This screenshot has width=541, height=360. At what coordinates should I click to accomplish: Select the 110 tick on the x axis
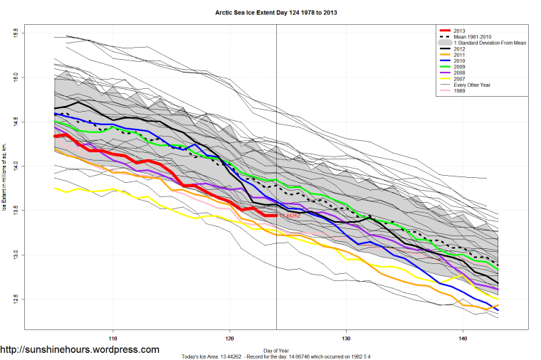point(112,337)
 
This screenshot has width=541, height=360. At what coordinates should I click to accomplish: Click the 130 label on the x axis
point(346,337)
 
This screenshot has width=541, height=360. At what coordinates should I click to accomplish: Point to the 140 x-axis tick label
point(463,337)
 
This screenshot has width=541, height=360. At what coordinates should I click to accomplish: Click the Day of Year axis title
point(275,350)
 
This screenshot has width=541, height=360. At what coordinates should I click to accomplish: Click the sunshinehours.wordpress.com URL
point(80,350)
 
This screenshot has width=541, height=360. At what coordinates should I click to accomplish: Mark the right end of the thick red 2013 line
point(275,216)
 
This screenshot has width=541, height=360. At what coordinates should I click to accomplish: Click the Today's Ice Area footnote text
point(275,356)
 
